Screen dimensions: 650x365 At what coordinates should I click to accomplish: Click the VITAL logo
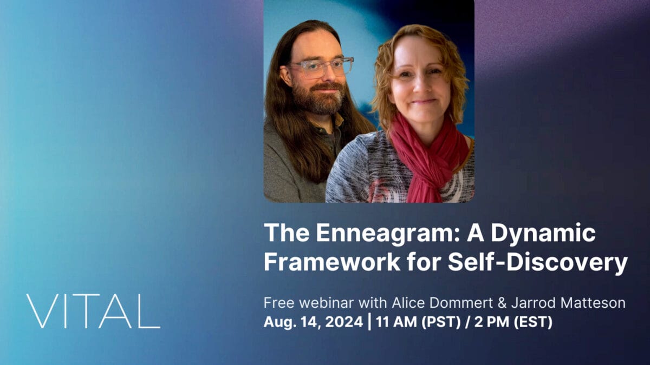[93, 311]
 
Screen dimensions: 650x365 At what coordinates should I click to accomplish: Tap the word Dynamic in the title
[543, 233]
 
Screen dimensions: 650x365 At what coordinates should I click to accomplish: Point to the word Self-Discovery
[538, 262]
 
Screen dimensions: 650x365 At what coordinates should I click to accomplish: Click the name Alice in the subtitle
[408, 303]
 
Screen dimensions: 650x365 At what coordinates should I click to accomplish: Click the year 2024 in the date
[344, 322]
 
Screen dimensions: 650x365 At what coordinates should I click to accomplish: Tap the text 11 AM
[396, 322]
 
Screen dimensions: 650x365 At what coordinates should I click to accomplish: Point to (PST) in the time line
[441, 322]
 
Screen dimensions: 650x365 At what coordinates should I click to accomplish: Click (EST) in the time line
[533, 322]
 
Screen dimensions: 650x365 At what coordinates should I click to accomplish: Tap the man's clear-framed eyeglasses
[320, 68]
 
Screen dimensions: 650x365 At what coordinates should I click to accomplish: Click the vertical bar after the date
[369, 322]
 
